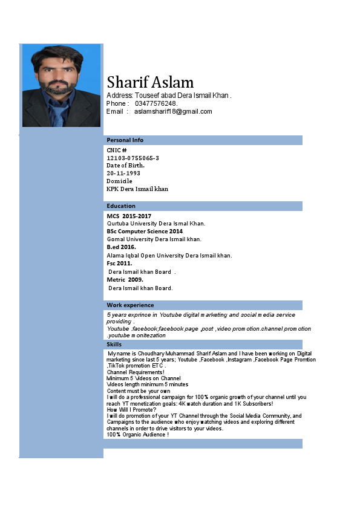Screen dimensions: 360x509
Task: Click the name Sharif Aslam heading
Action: click(150, 83)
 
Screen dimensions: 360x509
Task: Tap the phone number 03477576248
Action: click(156, 103)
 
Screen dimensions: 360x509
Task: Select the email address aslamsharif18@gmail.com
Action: click(173, 111)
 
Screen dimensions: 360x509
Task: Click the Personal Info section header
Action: click(125, 140)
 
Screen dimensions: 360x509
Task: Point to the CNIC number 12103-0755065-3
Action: click(133, 158)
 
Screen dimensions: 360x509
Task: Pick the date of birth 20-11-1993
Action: click(123, 173)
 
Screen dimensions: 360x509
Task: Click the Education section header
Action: click(121, 206)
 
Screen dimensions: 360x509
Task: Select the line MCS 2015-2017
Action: click(129, 216)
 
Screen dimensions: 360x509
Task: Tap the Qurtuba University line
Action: click(156, 224)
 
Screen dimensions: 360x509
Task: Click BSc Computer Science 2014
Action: click(145, 232)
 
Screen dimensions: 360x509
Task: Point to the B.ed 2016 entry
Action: click(121, 247)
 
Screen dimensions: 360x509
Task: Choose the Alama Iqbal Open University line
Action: click(169, 255)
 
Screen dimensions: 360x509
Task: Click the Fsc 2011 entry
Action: click(119, 264)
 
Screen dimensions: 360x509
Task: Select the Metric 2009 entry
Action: click(125, 280)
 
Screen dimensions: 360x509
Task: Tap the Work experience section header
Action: click(130, 305)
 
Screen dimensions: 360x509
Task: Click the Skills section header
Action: click(114, 345)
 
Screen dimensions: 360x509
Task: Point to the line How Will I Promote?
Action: click(131, 410)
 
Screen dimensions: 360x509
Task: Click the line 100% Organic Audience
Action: click(137, 435)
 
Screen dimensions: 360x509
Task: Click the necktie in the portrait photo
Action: click(59, 113)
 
